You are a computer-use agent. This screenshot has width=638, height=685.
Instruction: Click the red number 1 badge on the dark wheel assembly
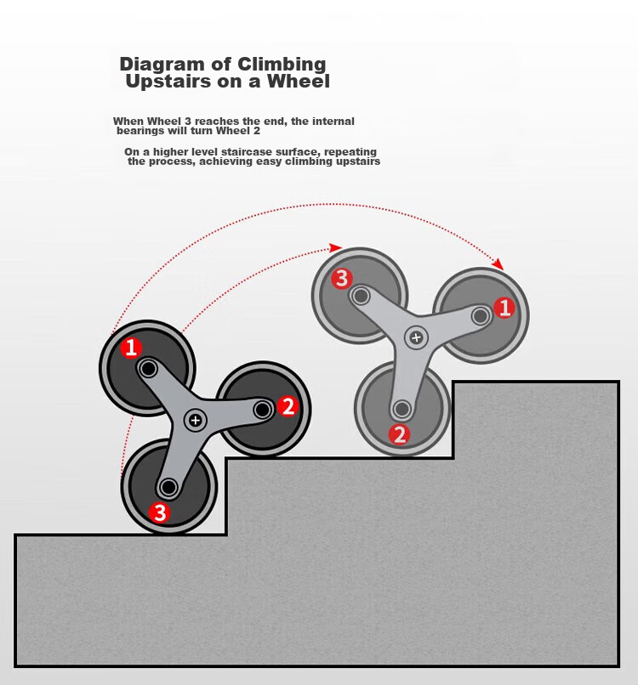pos(131,348)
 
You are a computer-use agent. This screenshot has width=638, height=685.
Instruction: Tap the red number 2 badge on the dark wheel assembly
pos(288,406)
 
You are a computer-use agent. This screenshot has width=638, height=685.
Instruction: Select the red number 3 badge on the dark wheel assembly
pos(159,512)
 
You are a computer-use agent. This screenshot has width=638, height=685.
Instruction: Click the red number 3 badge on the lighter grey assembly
pos(342,278)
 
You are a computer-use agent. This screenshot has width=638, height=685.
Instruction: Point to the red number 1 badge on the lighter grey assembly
pos(504,308)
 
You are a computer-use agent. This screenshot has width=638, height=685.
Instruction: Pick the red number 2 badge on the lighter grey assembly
pos(400,434)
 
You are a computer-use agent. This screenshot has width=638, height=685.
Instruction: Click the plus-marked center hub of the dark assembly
pos(196,420)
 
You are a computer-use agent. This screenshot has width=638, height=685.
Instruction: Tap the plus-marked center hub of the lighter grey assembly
pos(416,337)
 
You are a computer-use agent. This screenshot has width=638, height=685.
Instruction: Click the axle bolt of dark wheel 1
pos(148,369)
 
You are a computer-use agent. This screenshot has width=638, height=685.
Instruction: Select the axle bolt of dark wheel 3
pos(168,487)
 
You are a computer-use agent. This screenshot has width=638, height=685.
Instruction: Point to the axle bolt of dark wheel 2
pos(262,410)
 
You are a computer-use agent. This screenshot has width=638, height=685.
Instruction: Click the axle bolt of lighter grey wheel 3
pos(361,297)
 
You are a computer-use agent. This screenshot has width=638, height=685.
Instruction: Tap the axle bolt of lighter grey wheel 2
pos(402,410)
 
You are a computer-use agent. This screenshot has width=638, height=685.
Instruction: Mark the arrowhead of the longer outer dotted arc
pos(498,263)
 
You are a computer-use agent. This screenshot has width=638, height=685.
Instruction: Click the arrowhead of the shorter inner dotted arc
pos(335,247)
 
